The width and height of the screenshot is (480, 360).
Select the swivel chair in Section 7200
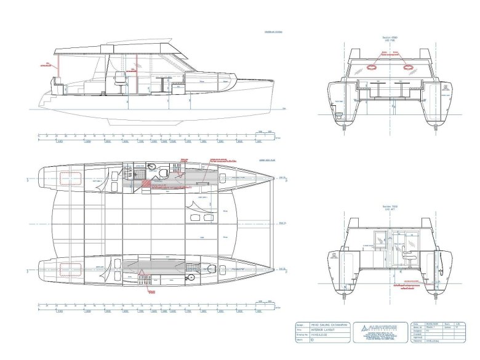click(x=403, y=249)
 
